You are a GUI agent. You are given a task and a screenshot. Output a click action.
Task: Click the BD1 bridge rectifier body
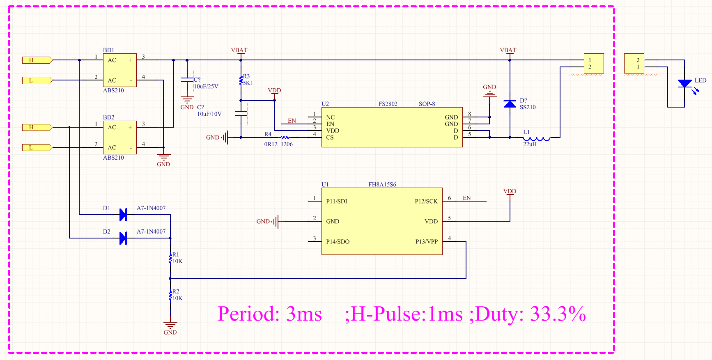(119, 70)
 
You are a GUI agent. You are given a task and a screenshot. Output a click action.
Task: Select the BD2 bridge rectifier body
(119, 137)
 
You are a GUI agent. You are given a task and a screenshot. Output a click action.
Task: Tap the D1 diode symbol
(123, 215)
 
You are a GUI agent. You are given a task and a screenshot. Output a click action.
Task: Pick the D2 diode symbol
(123, 238)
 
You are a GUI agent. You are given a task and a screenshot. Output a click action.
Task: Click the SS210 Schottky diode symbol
(510, 104)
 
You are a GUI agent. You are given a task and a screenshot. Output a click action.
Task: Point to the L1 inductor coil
(537, 138)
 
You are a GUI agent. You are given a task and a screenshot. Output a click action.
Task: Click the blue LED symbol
(684, 84)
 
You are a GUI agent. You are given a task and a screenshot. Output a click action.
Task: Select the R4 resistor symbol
(285, 138)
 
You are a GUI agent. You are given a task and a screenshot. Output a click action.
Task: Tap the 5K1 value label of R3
(248, 83)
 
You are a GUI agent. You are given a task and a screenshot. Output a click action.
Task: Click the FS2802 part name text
(388, 104)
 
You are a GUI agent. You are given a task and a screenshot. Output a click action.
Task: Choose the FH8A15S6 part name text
(382, 185)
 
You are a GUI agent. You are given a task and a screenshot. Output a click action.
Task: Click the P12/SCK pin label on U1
(426, 202)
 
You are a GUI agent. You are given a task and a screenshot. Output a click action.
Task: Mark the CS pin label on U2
(330, 138)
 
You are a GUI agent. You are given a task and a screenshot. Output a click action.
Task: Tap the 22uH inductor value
(530, 144)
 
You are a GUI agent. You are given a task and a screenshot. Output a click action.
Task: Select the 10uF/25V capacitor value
(206, 87)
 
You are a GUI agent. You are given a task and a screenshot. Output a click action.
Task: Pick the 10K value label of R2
(177, 298)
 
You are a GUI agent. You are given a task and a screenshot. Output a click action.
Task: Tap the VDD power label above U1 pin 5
(510, 191)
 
